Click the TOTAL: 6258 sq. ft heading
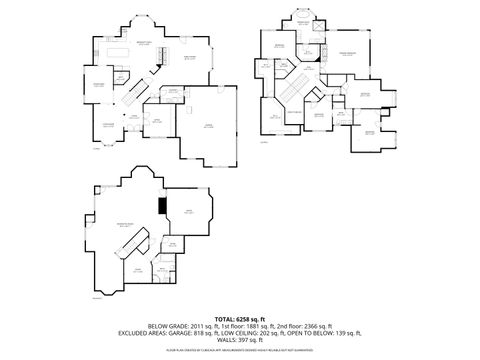(240, 318)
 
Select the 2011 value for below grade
(199, 326)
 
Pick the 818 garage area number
(224, 333)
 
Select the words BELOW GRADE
(168, 326)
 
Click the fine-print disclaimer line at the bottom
(240, 351)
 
